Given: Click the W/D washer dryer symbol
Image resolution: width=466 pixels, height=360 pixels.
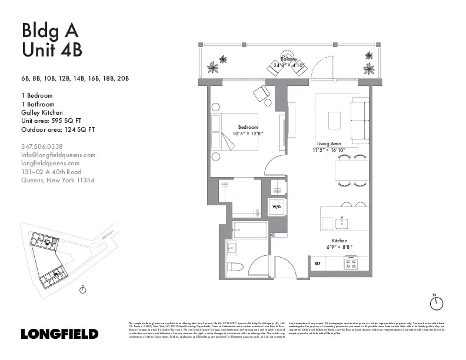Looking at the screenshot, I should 276,206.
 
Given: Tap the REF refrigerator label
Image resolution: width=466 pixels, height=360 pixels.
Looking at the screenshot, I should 318,263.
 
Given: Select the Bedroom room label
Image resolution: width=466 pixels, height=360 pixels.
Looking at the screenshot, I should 248,127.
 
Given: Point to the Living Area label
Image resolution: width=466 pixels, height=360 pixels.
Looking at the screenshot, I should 328,144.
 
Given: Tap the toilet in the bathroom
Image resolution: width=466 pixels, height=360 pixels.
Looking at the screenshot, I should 236,266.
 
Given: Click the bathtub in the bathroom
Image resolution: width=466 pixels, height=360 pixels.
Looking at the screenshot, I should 249,230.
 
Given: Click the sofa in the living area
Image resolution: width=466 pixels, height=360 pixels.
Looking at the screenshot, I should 358,120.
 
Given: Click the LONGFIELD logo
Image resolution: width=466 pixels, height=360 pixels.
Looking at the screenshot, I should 59,334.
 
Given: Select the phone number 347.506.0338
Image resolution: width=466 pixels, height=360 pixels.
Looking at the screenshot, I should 42,146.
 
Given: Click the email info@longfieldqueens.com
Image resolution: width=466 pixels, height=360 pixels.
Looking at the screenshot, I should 58,155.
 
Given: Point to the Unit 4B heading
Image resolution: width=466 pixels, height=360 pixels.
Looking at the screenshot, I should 52,50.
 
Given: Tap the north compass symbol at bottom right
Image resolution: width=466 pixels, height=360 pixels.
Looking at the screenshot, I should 436,302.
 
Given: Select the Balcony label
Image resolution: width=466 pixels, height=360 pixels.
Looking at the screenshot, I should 289,59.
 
